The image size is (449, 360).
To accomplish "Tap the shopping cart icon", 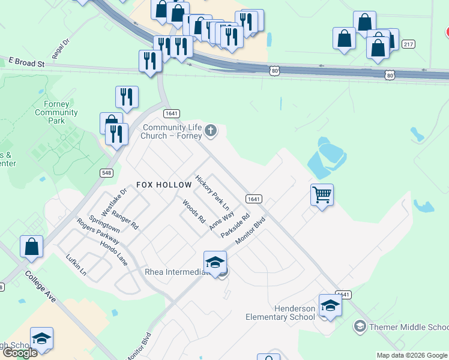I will click(322, 194).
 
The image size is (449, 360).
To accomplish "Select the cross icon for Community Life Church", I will click(210, 130).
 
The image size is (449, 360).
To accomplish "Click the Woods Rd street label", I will click(194, 212).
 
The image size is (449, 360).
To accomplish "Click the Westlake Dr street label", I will click(114, 202).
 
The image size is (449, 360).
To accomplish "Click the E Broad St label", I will click(27, 62).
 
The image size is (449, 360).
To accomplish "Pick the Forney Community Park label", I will click(56, 112).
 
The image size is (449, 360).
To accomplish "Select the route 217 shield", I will click(408, 44).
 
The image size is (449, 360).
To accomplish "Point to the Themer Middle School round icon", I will click(360, 326).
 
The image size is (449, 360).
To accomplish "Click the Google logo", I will click(19, 353).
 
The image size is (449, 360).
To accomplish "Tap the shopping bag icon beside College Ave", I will click(31, 247).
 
